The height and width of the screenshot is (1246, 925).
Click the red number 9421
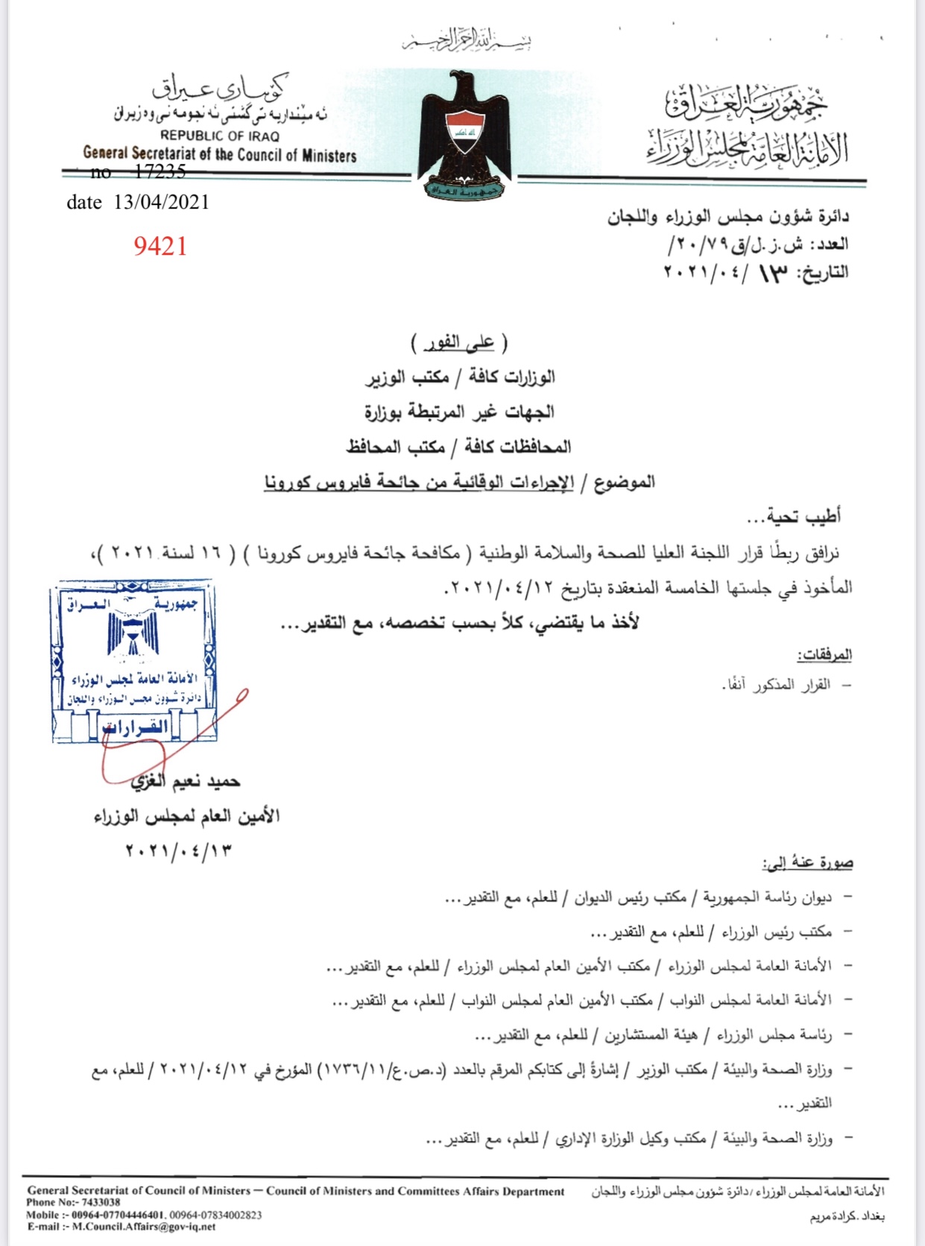coord(160,246)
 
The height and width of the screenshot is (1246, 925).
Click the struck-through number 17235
coord(160,172)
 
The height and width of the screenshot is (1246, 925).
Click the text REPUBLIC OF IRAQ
coord(219,136)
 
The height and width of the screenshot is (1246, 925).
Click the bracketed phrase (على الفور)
coord(459,343)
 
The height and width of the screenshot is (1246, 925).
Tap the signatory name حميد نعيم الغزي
coord(186,782)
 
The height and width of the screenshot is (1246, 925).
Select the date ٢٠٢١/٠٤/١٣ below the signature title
coord(179,850)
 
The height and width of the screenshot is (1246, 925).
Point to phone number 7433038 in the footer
coord(101,1202)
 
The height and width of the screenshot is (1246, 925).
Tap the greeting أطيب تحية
coord(794,516)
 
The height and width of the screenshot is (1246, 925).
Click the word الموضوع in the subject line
coord(625,482)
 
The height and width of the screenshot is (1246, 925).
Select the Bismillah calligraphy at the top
coord(467,41)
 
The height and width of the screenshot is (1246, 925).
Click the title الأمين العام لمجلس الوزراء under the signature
coord(186,816)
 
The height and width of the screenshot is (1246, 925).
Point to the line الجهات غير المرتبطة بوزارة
coord(459,412)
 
